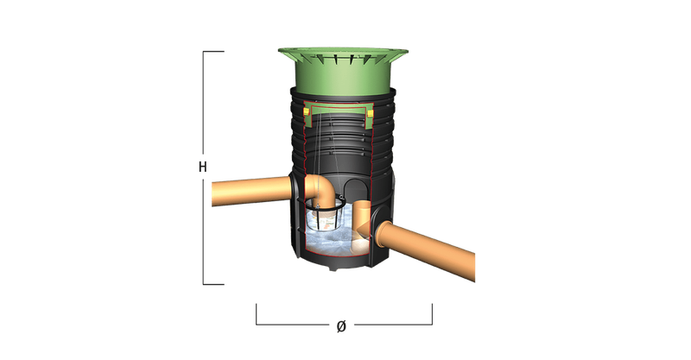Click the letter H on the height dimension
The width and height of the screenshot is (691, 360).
[203, 167]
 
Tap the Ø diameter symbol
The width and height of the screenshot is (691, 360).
[341, 326]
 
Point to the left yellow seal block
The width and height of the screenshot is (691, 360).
[306, 111]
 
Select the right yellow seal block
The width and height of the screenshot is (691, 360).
[371, 114]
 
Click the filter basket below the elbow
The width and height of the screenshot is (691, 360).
[326, 216]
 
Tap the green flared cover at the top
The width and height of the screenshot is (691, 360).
[343, 71]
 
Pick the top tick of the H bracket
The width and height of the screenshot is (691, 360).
[213, 52]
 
